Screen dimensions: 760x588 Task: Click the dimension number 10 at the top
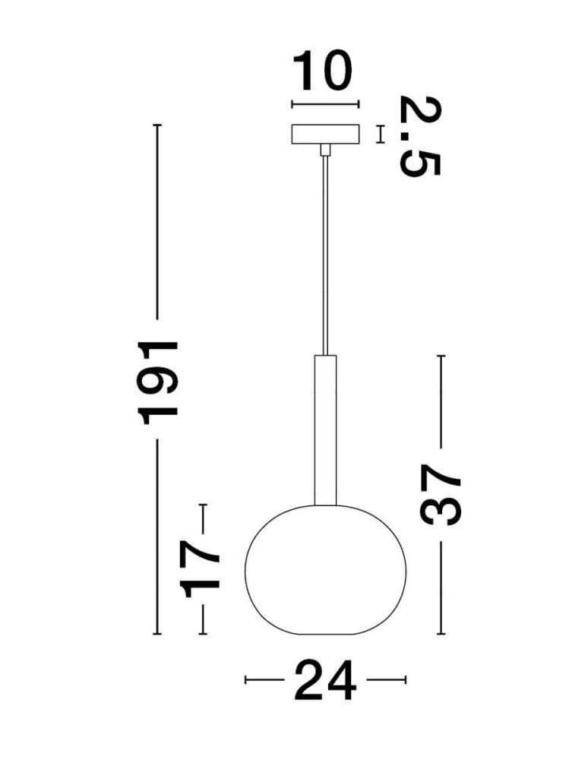pyautogui.click(x=324, y=72)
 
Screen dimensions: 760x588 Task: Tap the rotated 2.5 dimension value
pyautogui.click(x=419, y=135)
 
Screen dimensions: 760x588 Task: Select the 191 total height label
pyautogui.click(x=158, y=379)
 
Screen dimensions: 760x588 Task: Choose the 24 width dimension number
pyautogui.click(x=324, y=679)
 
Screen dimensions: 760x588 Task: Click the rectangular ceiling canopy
pyautogui.click(x=325, y=135)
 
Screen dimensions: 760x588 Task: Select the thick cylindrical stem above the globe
pyautogui.click(x=324, y=429)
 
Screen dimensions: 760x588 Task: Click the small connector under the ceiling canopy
pyautogui.click(x=325, y=150)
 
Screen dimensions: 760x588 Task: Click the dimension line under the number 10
pyautogui.click(x=324, y=106)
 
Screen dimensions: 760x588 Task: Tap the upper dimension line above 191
pyautogui.click(x=158, y=220)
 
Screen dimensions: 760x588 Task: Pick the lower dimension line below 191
pyautogui.click(x=158, y=537)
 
